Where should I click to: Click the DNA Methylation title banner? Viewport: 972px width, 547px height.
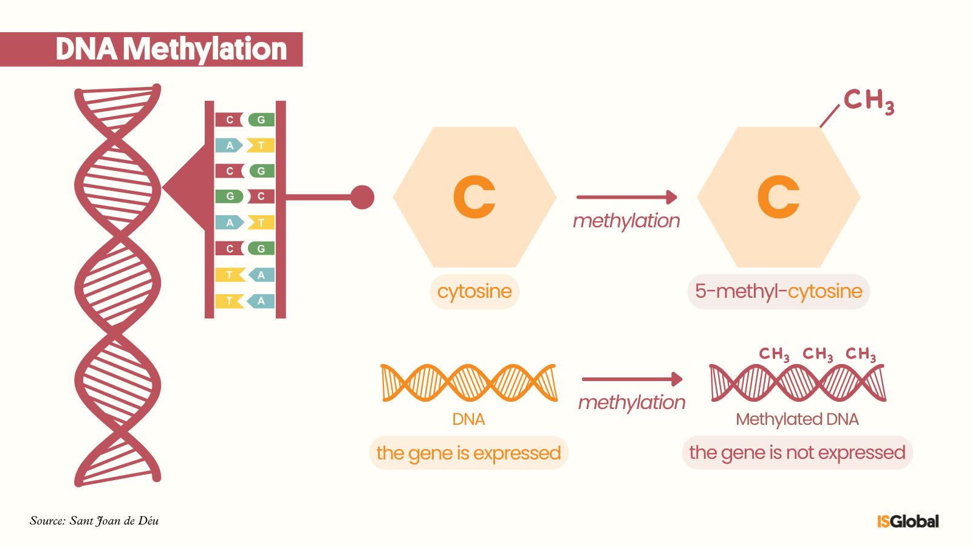pyautogui.click(x=152, y=49)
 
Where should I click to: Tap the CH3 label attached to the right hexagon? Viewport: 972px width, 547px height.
pyautogui.click(x=868, y=101)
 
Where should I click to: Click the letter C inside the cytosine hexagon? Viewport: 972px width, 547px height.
pyautogui.click(x=474, y=197)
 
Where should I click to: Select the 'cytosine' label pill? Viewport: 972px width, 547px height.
pyautogui.click(x=474, y=291)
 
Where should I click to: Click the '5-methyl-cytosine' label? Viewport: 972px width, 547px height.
pyautogui.click(x=778, y=291)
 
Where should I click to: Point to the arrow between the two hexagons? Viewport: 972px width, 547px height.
pyautogui.click(x=626, y=197)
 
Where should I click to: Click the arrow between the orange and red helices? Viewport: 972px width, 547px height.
pyautogui.click(x=632, y=379)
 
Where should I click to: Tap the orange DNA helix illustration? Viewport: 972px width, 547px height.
pyautogui.click(x=468, y=383)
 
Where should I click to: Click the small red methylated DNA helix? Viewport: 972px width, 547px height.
pyautogui.click(x=797, y=383)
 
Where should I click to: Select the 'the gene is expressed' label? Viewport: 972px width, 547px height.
pyautogui.click(x=468, y=453)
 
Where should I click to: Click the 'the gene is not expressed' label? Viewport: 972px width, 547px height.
pyautogui.click(x=797, y=453)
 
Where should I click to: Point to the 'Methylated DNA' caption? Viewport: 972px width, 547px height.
pyautogui.click(x=797, y=419)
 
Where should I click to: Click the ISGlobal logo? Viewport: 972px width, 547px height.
pyautogui.click(x=908, y=521)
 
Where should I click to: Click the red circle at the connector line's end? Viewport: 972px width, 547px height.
pyautogui.click(x=362, y=197)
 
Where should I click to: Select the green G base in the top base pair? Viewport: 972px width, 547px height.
pyautogui.click(x=261, y=120)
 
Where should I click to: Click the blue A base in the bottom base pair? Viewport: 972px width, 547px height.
pyautogui.click(x=261, y=301)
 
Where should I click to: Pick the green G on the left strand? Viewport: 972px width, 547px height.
pyautogui.click(x=230, y=196)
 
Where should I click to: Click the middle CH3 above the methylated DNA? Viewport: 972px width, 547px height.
pyautogui.click(x=818, y=354)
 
